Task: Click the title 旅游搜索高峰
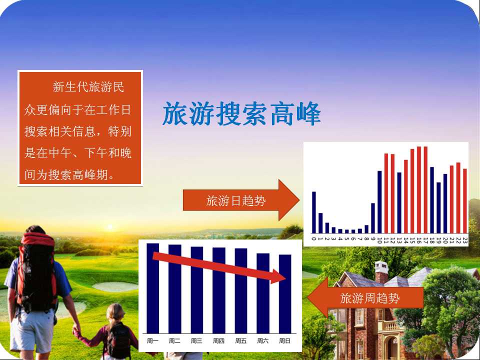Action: click(241, 113)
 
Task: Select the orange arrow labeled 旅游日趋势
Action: click(241, 200)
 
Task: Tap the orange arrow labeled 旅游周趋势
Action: click(365, 297)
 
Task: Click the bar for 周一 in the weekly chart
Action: click(153, 288)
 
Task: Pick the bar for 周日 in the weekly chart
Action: click(285, 294)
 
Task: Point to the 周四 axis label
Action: click(218, 340)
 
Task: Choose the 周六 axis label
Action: click(262, 340)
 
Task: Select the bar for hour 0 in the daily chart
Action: click(314, 212)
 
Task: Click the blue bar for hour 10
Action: click(379, 202)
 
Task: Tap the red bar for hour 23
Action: click(465, 201)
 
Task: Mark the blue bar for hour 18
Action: click(432, 200)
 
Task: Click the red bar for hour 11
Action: click(386, 193)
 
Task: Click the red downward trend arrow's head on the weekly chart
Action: click(278, 276)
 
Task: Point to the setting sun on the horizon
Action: click(110, 227)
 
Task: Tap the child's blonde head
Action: click(115, 313)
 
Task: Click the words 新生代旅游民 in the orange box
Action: click(88, 87)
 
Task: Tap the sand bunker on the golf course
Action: click(115, 286)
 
